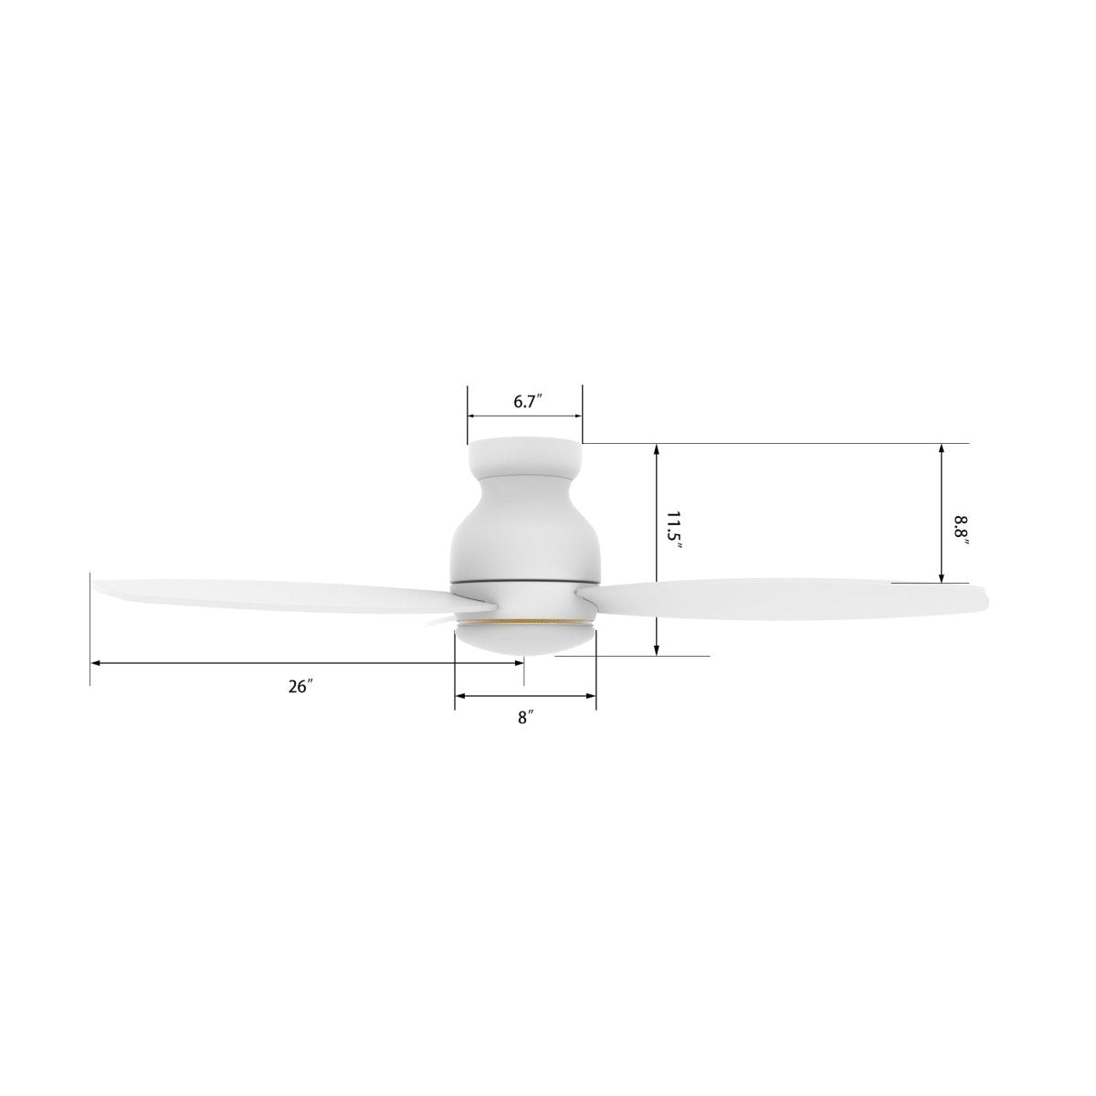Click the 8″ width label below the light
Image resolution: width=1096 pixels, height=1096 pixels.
pos(525,718)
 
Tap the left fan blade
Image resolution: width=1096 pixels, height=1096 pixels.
pos(274,594)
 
